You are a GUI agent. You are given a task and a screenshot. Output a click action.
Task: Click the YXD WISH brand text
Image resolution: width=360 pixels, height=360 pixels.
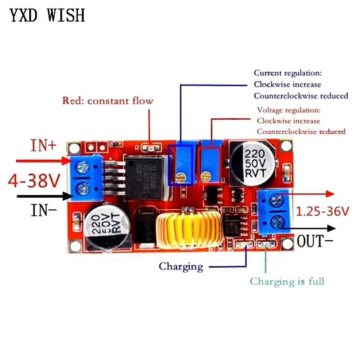pyautogui.click(x=47, y=15)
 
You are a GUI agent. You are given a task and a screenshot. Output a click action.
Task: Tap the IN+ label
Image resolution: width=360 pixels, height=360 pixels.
pyautogui.click(x=44, y=146)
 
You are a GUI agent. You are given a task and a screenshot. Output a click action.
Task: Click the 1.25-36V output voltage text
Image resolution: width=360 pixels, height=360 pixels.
pyautogui.click(x=323, y=211)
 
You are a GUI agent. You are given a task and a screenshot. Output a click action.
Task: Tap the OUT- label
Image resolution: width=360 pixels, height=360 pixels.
pyautogui.click(x=315, y=241)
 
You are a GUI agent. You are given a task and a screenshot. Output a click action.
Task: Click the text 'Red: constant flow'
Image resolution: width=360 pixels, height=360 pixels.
pyautogui.click(x=108, y=101)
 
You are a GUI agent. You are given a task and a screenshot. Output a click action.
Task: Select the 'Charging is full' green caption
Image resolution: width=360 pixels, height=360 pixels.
pyautogui.click(x=287, y=282)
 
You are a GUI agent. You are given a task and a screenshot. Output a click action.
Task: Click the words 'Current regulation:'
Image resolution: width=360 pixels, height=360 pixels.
pyautogui.click(x=288, y=72)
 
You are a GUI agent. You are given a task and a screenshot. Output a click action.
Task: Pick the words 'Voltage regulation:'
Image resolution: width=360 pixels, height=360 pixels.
pyautogui.click(x=288, y=110)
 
